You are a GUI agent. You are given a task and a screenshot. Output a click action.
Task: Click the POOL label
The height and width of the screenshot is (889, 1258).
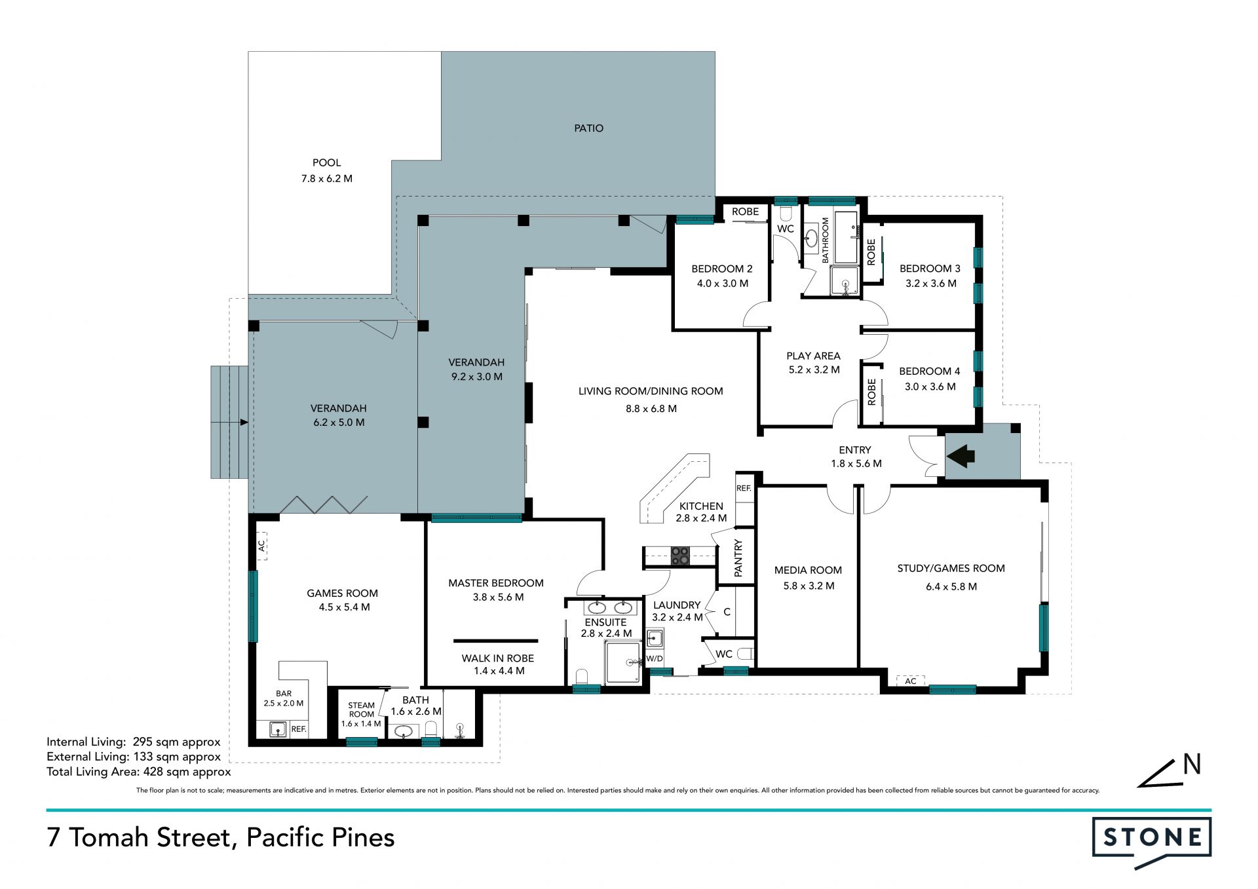click(326, 162)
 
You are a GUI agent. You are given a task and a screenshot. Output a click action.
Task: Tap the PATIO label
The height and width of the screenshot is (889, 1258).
click(588, 128)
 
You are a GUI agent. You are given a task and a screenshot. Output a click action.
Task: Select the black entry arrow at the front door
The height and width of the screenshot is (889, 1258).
click(961, 455)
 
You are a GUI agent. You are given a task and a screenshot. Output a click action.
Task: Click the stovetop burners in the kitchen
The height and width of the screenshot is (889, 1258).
click(680, 556)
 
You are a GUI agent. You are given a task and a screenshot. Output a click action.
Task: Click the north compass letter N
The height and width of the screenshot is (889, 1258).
click(1192, 765)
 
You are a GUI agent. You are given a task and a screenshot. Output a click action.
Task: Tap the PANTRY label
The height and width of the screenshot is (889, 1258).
click(738, 558)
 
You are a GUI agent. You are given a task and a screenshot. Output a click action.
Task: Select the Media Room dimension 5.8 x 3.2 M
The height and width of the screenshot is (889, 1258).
click(809, 586)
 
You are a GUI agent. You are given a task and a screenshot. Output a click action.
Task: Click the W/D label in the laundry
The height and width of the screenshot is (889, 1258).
click(655, 658)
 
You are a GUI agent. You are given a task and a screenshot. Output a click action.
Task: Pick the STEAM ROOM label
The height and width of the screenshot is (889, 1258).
click(362, 709)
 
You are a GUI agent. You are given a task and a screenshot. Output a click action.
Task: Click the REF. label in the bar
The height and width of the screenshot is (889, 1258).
click(299, 728)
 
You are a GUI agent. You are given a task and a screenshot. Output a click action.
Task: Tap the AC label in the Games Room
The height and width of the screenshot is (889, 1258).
click(261, 545)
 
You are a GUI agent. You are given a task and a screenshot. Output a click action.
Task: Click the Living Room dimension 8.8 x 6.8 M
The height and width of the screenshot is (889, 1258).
click(651, 409)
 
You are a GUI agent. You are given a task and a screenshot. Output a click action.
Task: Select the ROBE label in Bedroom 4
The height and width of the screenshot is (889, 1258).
click(871, 392)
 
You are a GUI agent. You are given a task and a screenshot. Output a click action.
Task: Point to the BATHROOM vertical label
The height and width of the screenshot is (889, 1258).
click(825, 240)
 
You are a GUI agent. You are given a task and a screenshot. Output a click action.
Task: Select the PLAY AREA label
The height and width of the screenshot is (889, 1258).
click(813, 356)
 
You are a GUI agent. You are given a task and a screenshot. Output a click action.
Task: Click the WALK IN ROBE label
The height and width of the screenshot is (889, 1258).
click(498, 658)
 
